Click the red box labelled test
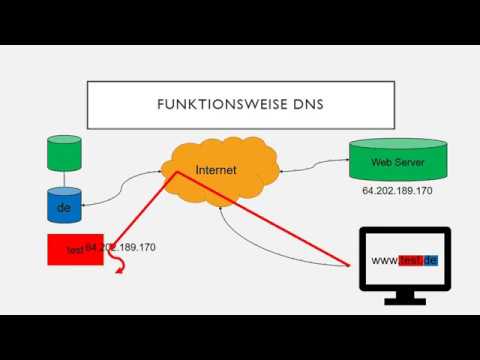[x=65, y=249]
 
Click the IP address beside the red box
[x=121, y=246]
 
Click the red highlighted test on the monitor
[x=412, y=260]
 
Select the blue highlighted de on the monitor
[x=431, y=260]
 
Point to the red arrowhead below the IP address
[x=121, y=268]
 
